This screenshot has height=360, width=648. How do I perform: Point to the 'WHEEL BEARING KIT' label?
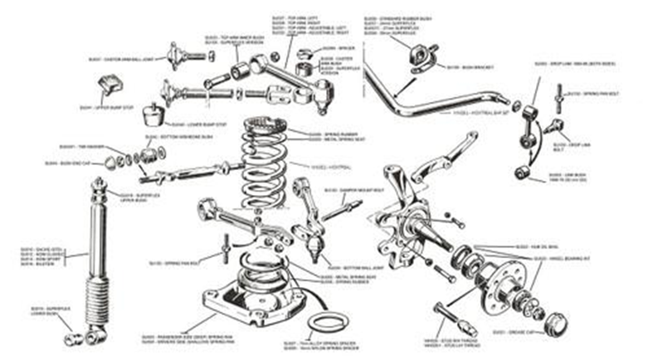pyautogui.click(x=538, y=259)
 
